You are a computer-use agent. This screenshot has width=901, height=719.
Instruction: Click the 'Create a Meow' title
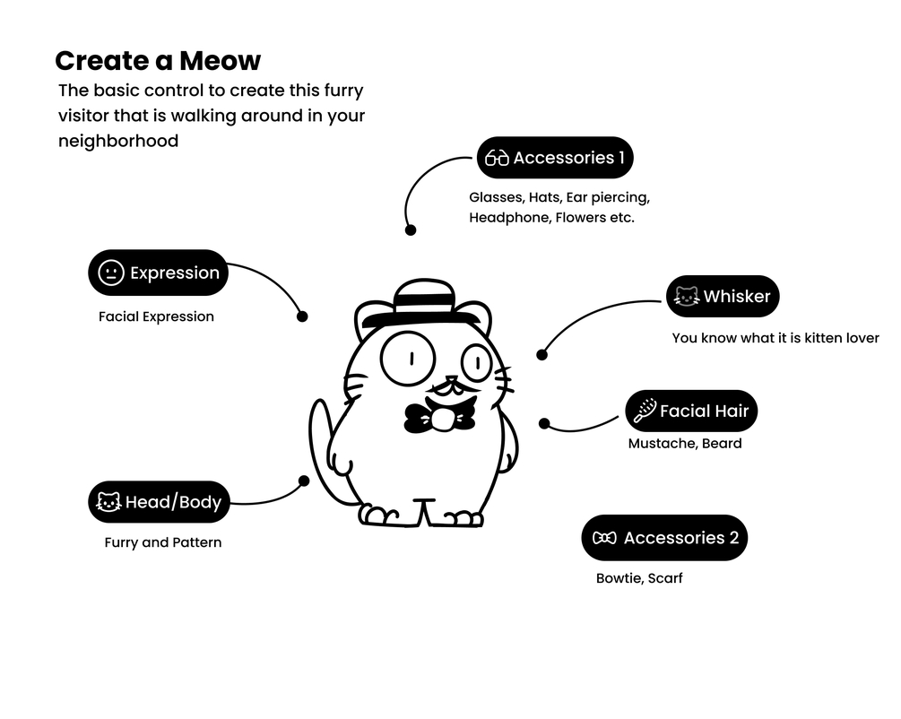[158, 61]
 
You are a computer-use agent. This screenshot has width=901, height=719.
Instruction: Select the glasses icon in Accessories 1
[497, 159]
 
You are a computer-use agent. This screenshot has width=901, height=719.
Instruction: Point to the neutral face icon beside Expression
[110, 273]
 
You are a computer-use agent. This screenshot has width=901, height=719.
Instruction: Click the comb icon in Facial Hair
[645, 411]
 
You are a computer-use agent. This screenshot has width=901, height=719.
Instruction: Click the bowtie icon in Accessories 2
[605, 538]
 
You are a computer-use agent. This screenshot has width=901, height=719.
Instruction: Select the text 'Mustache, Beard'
[685, 443]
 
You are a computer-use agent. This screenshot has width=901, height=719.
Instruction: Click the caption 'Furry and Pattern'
[162, 542]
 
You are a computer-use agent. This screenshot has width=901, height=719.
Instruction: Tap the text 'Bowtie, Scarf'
[639, 578]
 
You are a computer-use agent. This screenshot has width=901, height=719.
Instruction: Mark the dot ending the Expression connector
[302, 316]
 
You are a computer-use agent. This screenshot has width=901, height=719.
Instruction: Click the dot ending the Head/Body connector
[303, 481]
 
